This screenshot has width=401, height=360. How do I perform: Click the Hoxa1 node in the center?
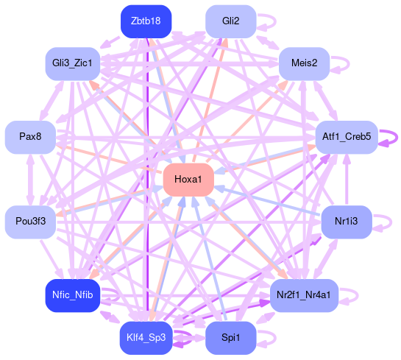click(188, 180)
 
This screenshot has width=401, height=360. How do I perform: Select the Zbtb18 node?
click(146, 21)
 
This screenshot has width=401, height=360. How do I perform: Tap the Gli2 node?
click(231, 21)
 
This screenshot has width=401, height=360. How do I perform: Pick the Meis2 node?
click(304, 63)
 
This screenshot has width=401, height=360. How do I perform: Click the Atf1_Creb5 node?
click(347, 137)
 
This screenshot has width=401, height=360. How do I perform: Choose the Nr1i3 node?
click(347, 222)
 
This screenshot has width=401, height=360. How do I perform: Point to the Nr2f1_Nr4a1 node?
click(304, 295)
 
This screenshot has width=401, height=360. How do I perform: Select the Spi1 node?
click(231, 338)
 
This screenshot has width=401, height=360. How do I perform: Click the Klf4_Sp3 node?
click(146, 338)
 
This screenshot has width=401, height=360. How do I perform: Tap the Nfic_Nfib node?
click(73, 295)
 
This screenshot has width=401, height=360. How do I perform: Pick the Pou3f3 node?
click(30, 222)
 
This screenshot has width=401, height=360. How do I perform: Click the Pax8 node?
click(30, 137)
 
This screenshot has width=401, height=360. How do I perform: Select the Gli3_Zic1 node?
click(73, 63)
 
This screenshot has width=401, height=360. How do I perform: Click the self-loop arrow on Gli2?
click(275, 21)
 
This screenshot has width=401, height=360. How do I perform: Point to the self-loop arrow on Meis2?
click(349, 64)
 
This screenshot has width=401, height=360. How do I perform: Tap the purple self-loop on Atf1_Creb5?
click(397, 138)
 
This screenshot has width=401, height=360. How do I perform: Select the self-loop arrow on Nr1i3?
click(391, 222)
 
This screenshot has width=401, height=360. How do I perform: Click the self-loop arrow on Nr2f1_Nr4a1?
click(358, 295)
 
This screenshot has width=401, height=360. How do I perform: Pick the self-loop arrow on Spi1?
click(275, 338)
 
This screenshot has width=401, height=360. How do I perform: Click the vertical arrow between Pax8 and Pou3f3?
click(30, 180)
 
